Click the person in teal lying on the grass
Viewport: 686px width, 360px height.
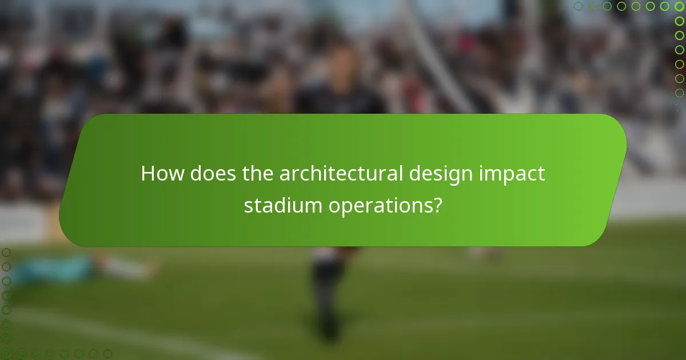54,267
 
